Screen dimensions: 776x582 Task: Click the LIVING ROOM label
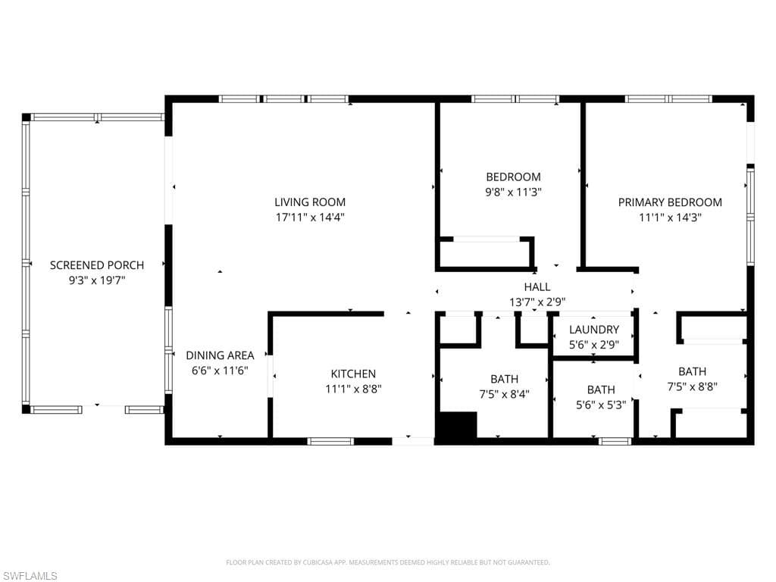click(310, 202)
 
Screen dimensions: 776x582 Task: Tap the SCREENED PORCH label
click(97, 265)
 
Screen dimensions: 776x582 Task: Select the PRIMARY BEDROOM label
click(670, 202)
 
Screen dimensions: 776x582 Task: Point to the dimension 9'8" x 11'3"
click(513, 192)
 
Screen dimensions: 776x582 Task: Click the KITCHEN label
click(353, 374)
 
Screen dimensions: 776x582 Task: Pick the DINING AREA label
click(220, 355)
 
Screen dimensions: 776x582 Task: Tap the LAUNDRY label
click(594, 330)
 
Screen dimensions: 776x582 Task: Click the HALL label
click(537, 286)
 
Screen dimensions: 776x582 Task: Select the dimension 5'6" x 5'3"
click(601, 405)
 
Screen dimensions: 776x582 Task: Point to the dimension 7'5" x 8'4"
click(504, 394)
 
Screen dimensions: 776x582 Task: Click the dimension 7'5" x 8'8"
click(693, 386)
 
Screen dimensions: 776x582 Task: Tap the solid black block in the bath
click(455, 424)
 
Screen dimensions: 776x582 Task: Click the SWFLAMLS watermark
click(29, 576)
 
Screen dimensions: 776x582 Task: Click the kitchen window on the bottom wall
click(330, 442)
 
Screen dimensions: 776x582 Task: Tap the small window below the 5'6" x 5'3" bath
click(615, 442)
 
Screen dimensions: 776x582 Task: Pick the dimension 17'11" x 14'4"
click(310, 217)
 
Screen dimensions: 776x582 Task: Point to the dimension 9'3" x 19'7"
click(97, 280)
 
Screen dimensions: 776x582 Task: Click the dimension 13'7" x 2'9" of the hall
click(537, 302)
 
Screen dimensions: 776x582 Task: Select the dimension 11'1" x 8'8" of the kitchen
click(353, 389)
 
